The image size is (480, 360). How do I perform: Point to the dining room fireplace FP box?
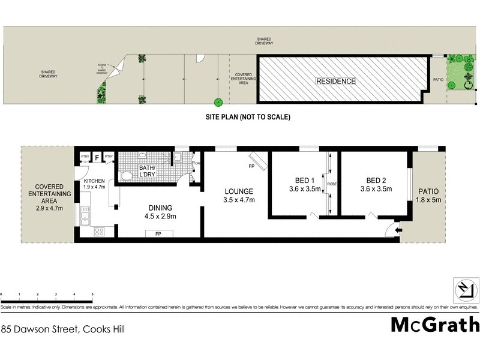pyautogui.click(x=158, y=233)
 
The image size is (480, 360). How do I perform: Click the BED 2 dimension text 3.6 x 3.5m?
pyautogui.click(x=376, y=189)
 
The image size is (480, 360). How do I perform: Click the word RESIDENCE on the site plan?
pyautogui.click(x=336, y=82)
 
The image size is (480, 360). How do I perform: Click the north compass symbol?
pyautogui.click(x=465, y=290)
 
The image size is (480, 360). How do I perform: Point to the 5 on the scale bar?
pyautogui.click(x=92, y=295)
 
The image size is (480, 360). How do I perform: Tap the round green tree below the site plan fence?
pyautogui.click(x=218, y=102)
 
